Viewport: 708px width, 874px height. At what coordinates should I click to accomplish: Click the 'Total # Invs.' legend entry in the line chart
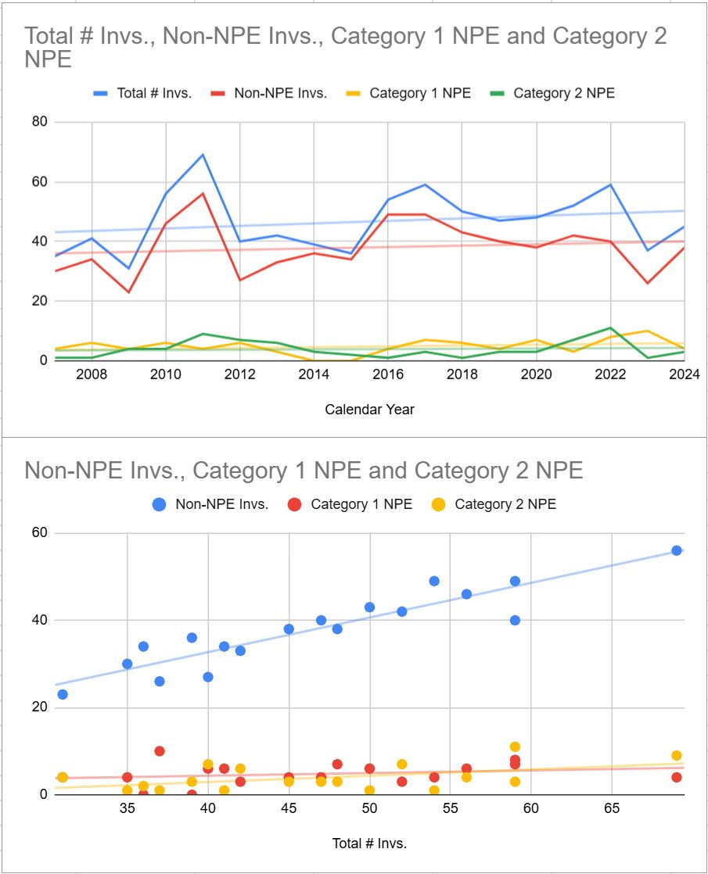143,93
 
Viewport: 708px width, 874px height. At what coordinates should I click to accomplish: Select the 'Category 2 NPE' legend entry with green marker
552,93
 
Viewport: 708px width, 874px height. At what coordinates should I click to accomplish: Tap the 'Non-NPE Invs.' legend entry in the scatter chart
210,504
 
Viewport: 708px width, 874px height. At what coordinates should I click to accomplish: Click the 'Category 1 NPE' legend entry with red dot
350,504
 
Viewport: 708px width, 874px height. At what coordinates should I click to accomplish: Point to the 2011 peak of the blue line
203,155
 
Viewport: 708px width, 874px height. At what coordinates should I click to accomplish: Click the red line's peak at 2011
203,193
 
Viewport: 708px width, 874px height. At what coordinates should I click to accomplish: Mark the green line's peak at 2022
610,328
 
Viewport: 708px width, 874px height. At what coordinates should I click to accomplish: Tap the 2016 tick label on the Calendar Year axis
388,374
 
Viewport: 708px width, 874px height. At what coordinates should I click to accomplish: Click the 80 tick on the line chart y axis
39,121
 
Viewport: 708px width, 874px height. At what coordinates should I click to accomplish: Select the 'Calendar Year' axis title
369,410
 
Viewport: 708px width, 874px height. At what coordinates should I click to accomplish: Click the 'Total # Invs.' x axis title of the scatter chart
369,844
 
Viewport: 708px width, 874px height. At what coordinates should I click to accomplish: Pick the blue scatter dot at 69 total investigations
676,550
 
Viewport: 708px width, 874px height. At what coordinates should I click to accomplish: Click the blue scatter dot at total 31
63,694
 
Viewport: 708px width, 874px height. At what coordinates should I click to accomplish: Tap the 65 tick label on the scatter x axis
612,808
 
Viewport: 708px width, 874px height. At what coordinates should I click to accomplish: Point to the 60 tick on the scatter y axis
39,533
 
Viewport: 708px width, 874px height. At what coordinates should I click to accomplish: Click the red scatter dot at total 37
160,751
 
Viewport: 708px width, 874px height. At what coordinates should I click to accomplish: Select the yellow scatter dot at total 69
676,756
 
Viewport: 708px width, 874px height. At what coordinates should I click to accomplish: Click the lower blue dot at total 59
515,621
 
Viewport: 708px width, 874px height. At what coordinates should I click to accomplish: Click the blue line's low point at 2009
129,269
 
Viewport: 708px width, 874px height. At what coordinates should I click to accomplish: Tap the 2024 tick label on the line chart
684,374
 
